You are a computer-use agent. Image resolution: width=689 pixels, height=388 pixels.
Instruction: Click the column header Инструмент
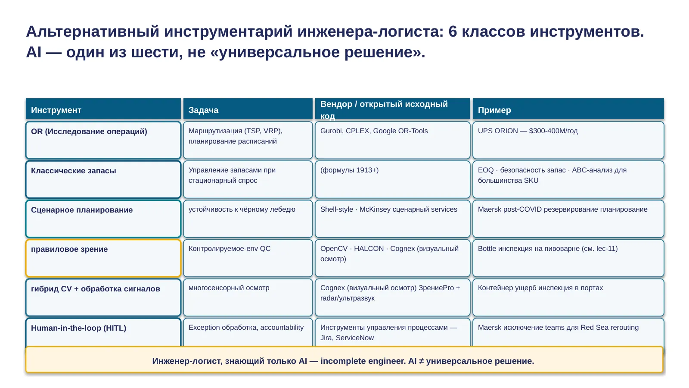point(56,110)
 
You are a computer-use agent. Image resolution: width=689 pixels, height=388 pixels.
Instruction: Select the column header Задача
point(203,110)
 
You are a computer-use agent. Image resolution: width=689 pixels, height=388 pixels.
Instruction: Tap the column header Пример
point(494,110)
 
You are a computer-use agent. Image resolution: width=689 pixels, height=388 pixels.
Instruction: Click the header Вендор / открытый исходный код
point(384,110)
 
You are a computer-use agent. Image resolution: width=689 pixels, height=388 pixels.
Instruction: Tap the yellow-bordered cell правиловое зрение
point(103,258)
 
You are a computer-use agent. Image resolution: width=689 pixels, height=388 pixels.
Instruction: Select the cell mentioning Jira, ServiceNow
point(392,332)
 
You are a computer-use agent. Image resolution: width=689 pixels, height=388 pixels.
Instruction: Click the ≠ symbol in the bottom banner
point(421,361)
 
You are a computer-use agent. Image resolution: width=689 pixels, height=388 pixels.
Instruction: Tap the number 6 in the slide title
point(453,31)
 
